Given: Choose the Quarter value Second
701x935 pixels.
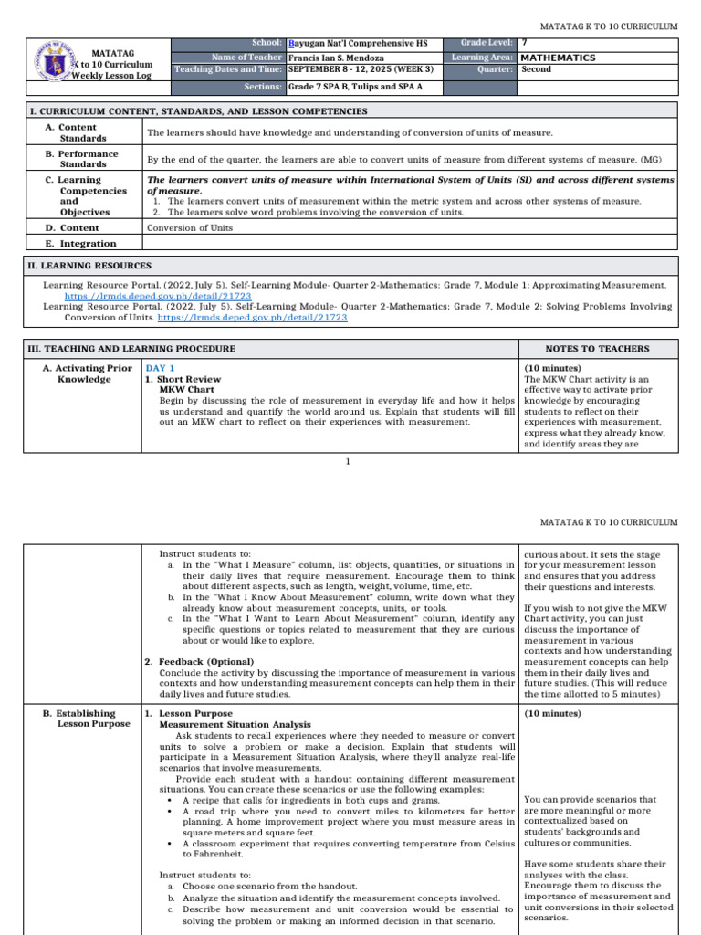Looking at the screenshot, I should coord(536,69).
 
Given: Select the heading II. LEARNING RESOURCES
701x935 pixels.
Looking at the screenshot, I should coord(90,266).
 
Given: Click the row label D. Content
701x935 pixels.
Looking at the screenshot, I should coord(72,227).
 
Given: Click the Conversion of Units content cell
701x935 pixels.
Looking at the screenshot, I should coord(190,227).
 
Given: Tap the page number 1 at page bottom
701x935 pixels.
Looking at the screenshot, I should coord(348,462).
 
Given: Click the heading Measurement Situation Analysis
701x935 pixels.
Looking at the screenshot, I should coord(235,724).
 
